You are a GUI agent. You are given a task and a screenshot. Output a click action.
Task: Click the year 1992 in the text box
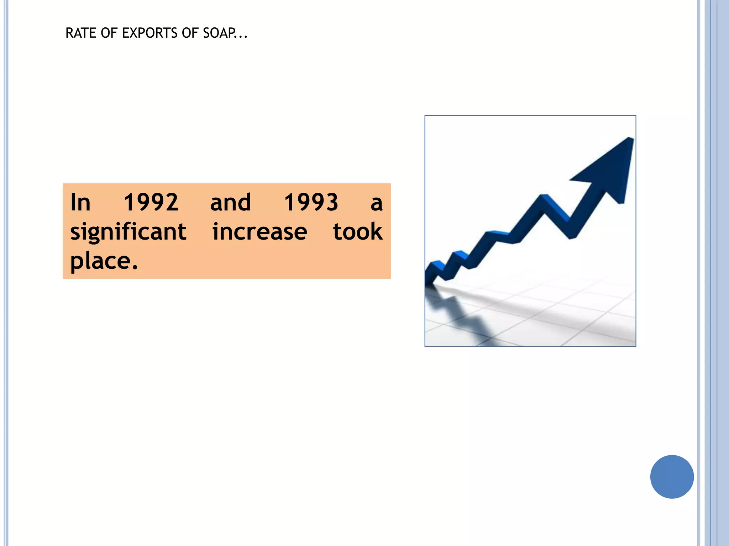[x=151, y=202]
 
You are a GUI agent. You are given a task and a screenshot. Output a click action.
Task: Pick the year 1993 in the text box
[x=311, y=202]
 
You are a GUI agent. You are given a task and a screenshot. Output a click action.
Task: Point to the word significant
[x=128, y=232]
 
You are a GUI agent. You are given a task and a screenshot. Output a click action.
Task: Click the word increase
[x=259, y=232]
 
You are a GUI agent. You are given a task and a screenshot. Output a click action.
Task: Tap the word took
[x=357, y=232]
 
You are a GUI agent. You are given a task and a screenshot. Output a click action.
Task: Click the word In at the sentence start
[x=80, y=202]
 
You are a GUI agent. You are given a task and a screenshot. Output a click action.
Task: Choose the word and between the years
[x=230, y=202]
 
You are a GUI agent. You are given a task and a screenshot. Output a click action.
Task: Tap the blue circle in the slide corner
[x=672, y=477]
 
